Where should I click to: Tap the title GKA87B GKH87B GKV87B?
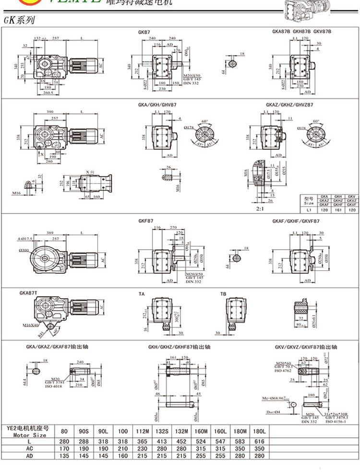pos(301,31)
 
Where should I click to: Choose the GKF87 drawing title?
pos(145,221)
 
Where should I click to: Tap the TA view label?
pos(142,293)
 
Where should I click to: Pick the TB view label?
pos(223,293)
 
